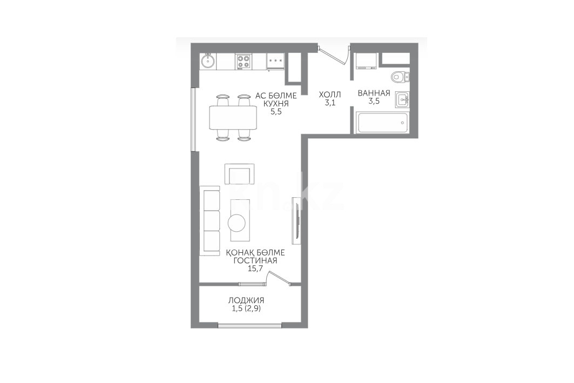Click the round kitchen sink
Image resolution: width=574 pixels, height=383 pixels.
(208, 61)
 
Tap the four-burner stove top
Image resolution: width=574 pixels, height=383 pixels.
(242, 61)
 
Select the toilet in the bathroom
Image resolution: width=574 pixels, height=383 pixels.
(400, 77)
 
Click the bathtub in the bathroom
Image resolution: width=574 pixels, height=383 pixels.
(382, 123)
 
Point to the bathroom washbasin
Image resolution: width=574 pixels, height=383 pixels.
(403, 99)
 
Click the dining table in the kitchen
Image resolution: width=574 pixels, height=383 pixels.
(233, 117)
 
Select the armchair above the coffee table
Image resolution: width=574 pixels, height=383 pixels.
(239, 174)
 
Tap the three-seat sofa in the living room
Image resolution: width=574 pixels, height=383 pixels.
(210, 220)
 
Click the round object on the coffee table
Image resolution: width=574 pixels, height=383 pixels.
(237, 223)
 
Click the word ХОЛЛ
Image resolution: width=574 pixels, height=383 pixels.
(330, 95)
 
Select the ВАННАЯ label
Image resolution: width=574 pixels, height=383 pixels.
(374, 93)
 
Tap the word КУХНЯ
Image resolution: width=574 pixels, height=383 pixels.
(276, 104)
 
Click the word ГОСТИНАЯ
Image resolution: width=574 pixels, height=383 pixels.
(255, 260)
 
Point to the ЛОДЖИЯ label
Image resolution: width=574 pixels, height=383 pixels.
(246, 300)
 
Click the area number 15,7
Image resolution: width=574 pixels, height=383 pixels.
(255, 269)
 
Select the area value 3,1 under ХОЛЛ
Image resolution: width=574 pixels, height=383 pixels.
(330, 103)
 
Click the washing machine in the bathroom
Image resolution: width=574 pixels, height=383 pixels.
(366, 61)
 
